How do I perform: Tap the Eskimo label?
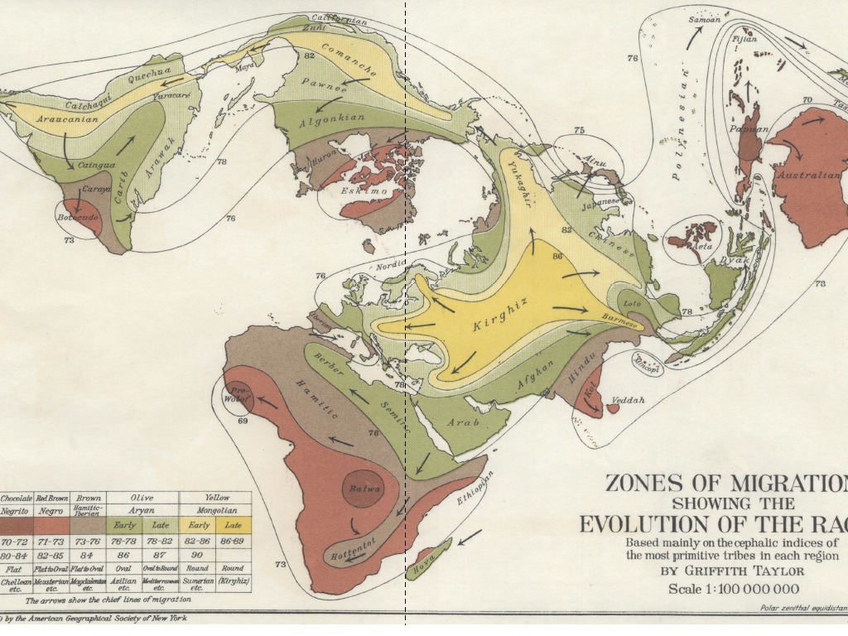[365, 190]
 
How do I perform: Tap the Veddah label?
[627, 401]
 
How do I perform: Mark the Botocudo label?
[78, 218]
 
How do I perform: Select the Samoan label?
[705, 20]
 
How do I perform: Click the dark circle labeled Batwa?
[365, 489]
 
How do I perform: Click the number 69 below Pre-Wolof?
[243, 422]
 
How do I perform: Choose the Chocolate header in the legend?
[16, 499]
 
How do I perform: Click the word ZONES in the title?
[647, 484]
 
